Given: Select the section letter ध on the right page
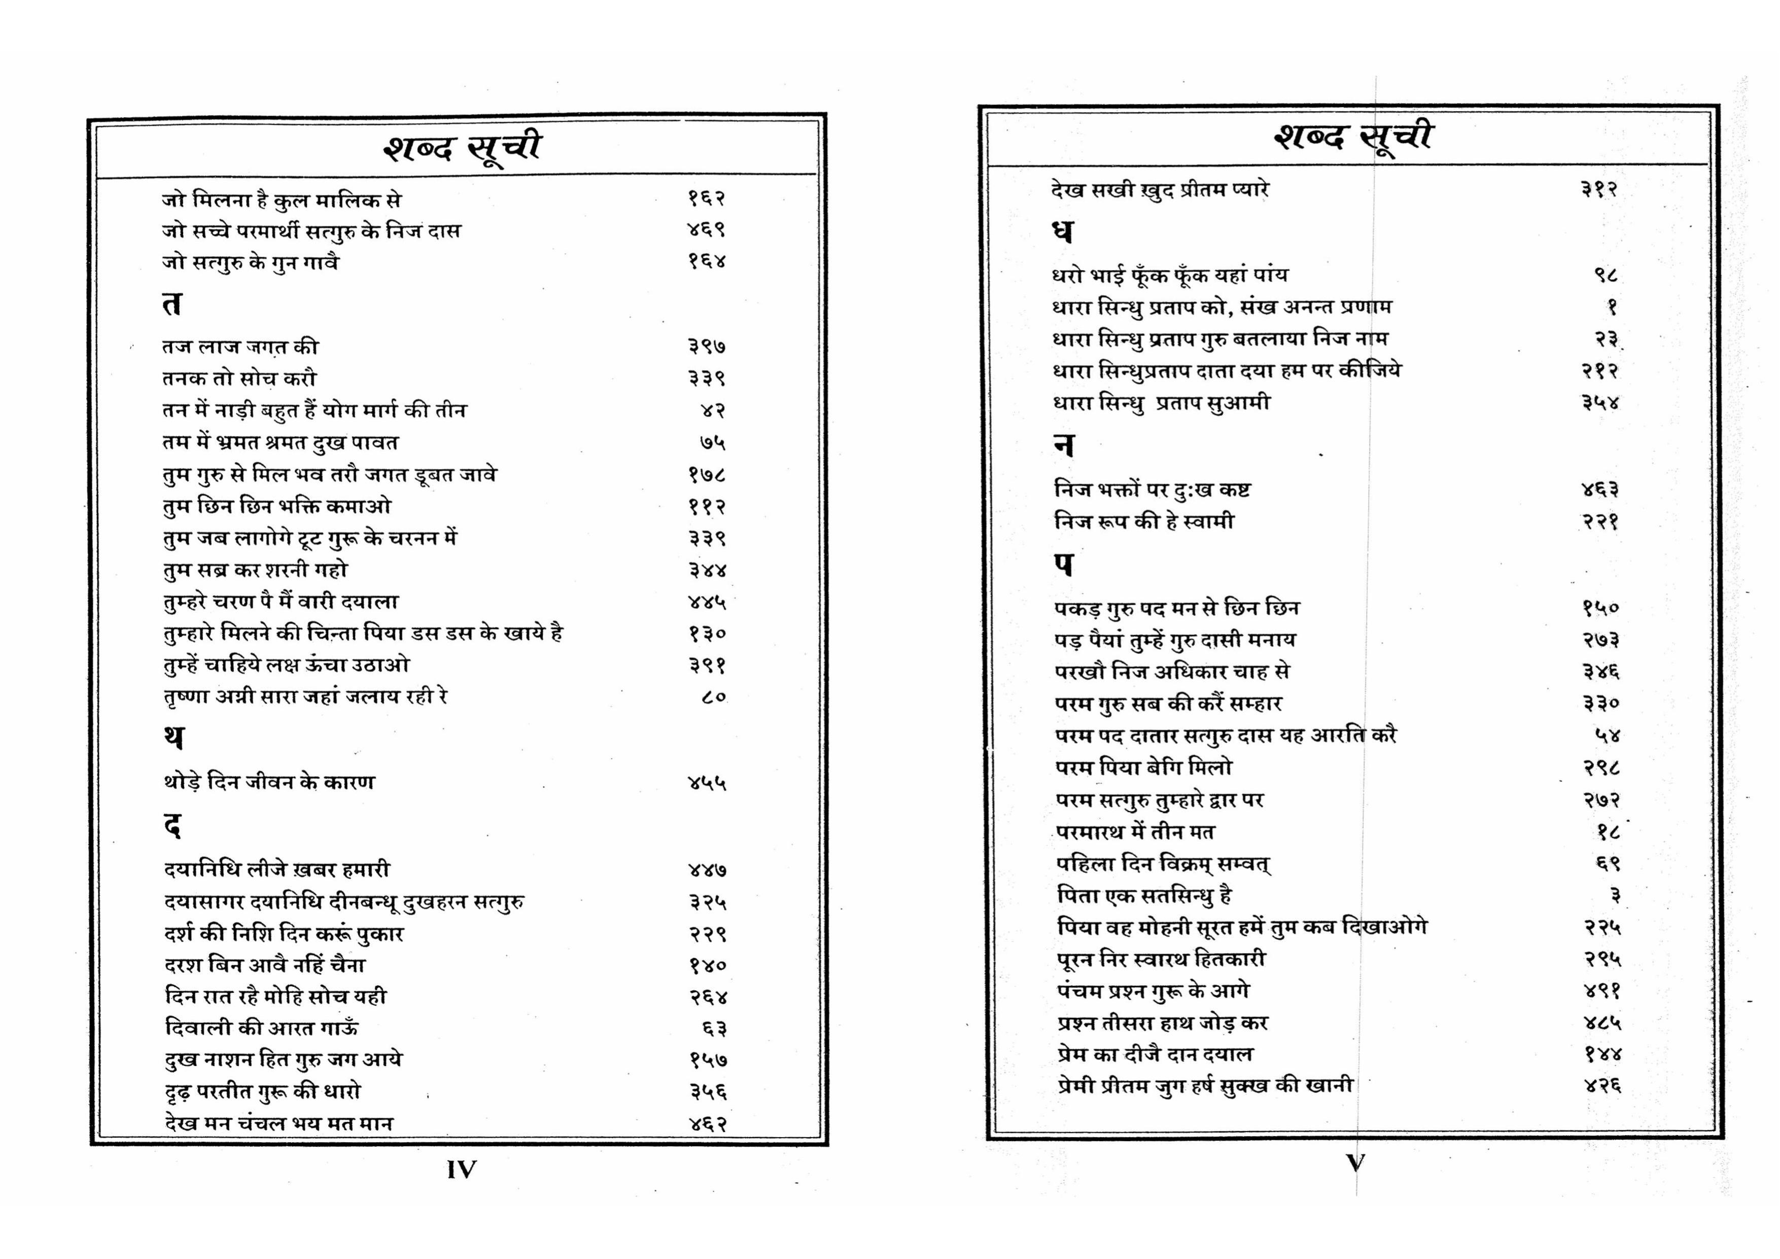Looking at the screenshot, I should (x=1062, y=231).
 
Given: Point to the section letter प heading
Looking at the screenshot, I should (x=1064, y=564).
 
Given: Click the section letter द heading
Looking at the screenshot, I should (x=173, y=825).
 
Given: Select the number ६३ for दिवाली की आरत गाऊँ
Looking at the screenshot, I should (x=714, y=1029).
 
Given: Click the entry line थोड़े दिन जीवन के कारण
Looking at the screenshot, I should (x=269, y=782).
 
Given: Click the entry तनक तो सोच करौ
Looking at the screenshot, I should (x=239, y=379).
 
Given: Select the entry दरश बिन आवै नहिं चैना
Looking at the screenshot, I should (x=264, y=965).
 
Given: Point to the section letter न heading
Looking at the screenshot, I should (x=1063, y=445).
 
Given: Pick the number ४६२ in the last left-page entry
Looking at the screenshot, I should (x=707, y=1123).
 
